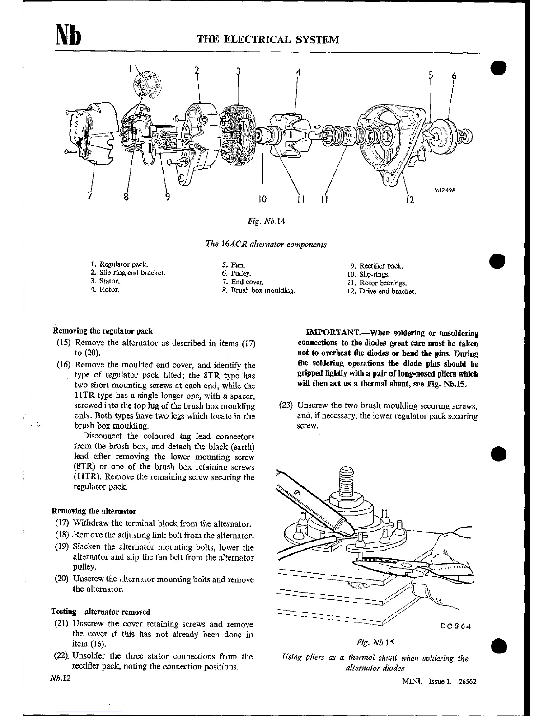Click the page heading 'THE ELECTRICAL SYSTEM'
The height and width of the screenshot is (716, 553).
pos(268,39)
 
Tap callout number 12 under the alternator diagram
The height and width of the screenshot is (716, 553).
pos(410,199)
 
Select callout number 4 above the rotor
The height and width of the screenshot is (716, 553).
pos(298,71)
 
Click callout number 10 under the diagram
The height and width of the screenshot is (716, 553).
pos(262,198)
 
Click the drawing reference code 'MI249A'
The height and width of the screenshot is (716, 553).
pos(445,190)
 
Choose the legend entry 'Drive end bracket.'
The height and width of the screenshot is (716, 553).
pos(387,292)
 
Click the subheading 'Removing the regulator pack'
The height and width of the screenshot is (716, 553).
pos(103,331)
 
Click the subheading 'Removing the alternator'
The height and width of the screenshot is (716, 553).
pos(94,511)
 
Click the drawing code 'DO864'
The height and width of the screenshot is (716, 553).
pos(455,626)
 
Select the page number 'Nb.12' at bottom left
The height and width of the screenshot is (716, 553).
pos(61,679)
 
